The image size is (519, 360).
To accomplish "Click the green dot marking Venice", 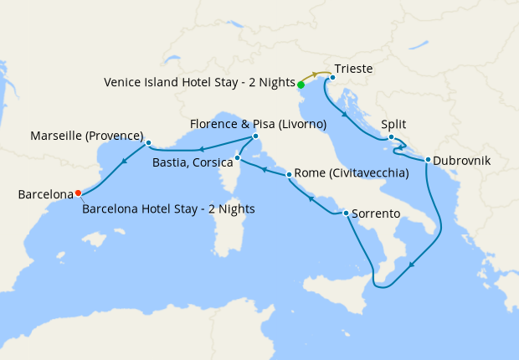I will (x=301, y=85).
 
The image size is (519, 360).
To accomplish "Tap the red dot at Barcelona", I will (x=78, y=193).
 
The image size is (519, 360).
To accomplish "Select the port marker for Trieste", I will (x=332, y=79).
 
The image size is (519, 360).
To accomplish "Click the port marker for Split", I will (x=391, y=137).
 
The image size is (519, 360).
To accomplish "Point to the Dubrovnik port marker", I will (x=428, y=160).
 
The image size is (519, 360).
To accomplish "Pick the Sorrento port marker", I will (x=346, y=213).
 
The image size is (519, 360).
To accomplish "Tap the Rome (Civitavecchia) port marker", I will (x=290, y=175).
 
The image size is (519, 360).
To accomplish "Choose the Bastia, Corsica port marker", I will (x=238, y=157).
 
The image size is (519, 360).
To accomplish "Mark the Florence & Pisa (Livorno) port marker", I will (x=255, y=136).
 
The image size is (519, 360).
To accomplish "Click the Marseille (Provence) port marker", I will (x=148, y=142).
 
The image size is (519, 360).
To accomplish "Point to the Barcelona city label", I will (x=46, y=195).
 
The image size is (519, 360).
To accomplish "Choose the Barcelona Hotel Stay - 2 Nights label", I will (x=168, y=208).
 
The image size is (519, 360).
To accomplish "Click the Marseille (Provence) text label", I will (x=86, y=135).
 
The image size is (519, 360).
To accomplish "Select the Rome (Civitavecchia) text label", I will (x=352, y=173).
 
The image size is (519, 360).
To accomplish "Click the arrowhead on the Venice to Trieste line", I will (x=317, y=75).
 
